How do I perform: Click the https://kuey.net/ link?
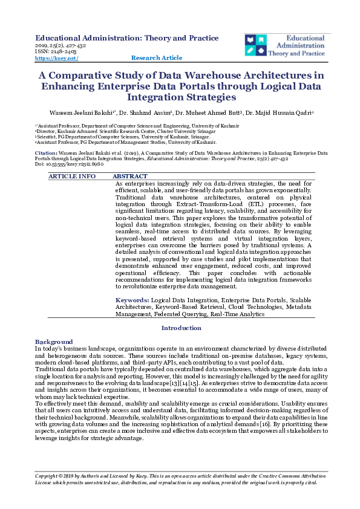click(57, 58)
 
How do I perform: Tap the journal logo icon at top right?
click(256, 45)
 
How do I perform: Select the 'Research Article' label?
click(156, 58)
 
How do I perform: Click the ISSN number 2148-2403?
click(62, 51)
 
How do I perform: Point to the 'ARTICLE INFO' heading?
click(72, 176)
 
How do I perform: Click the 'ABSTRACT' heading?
click(130, 176)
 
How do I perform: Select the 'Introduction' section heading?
click(180, 328)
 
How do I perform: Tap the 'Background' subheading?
click(54, 342)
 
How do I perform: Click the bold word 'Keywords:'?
click(133, 300)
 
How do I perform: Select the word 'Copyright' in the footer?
click(50, 476)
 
